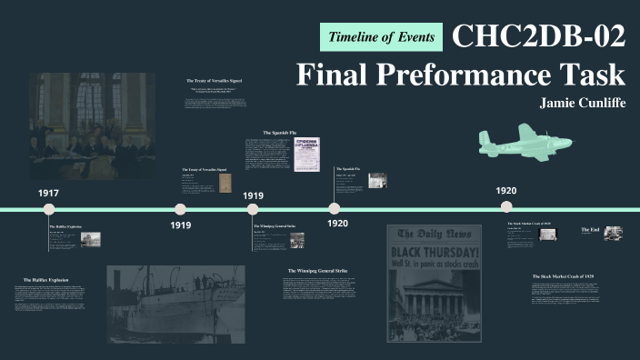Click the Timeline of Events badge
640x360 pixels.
click(382, 37)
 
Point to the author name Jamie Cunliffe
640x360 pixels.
click(583, 103)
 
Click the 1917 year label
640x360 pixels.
click(48, 194)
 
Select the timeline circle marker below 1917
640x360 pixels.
click(50, 209)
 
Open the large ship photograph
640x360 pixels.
click(175, 303)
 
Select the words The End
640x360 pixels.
click(589, 230)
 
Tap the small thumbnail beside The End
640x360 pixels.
click(613, 233)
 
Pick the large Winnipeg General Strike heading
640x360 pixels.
click(325, 271)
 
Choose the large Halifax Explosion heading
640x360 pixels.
click(45, 279)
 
